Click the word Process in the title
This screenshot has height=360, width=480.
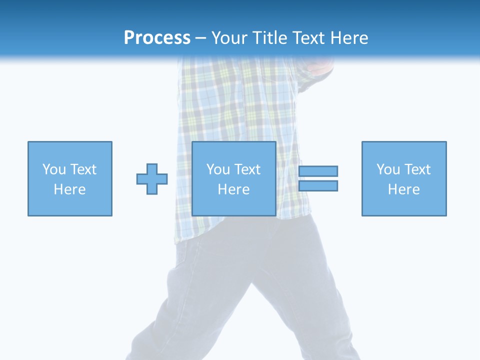tap(157, 38)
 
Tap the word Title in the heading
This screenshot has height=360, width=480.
tap(269, 38)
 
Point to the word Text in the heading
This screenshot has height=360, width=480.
tap(309, 38)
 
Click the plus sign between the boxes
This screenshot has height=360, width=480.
tap(152, 179)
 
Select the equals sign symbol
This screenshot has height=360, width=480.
tap(318, 178)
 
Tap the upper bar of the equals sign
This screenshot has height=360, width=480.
tap(318, 171)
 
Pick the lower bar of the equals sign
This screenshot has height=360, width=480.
tap(318, 185)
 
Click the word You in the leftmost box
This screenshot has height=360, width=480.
tap(54, 169)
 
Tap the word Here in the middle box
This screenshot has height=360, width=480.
tap(234, 189)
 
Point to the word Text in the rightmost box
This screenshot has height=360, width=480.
tap(417, 169)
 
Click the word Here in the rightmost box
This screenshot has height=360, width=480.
tap(404, 189)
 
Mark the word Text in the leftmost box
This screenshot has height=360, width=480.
tap(83, 169)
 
